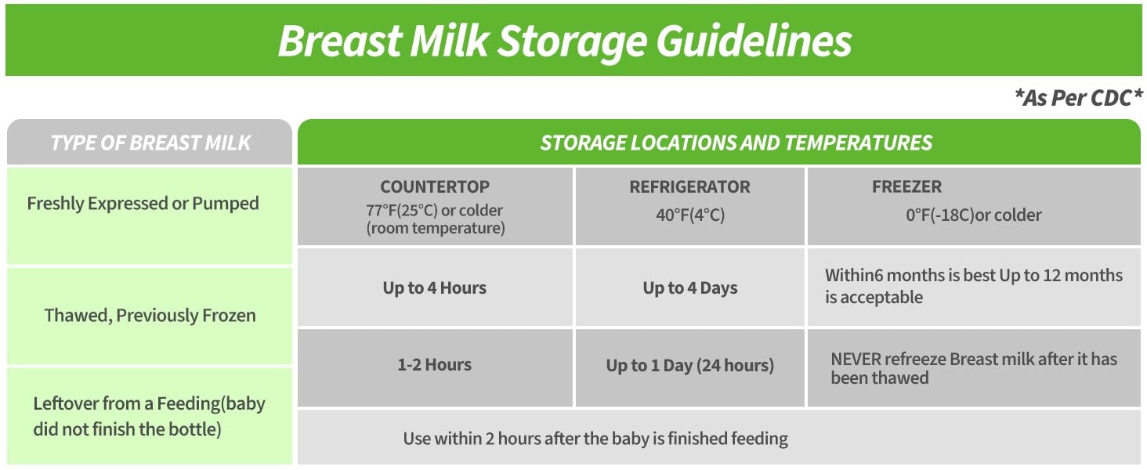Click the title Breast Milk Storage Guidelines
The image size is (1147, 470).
point(565,41)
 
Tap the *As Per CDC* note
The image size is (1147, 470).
point(1078,98)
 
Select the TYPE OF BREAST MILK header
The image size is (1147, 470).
point(150,143)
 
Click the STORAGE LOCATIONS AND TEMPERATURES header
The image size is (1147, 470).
point(736,143)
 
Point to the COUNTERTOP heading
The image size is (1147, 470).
point(435,187)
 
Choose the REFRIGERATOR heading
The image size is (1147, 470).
point(689,187)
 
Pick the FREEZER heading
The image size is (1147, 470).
point(906,187)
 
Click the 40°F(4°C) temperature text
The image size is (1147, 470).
point(690,215)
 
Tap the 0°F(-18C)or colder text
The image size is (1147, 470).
point(973,215)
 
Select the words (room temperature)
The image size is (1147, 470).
point(436,228)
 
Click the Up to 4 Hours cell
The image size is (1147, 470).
point(435,287)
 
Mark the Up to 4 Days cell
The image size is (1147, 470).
point(690,288)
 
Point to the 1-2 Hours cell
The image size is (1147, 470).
point(435,364)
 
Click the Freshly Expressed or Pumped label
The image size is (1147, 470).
point(143,204)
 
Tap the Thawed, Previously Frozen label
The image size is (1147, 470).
point(150,316)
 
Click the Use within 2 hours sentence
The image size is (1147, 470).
point(595,439)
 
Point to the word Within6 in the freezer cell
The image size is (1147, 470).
point(854,276)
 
